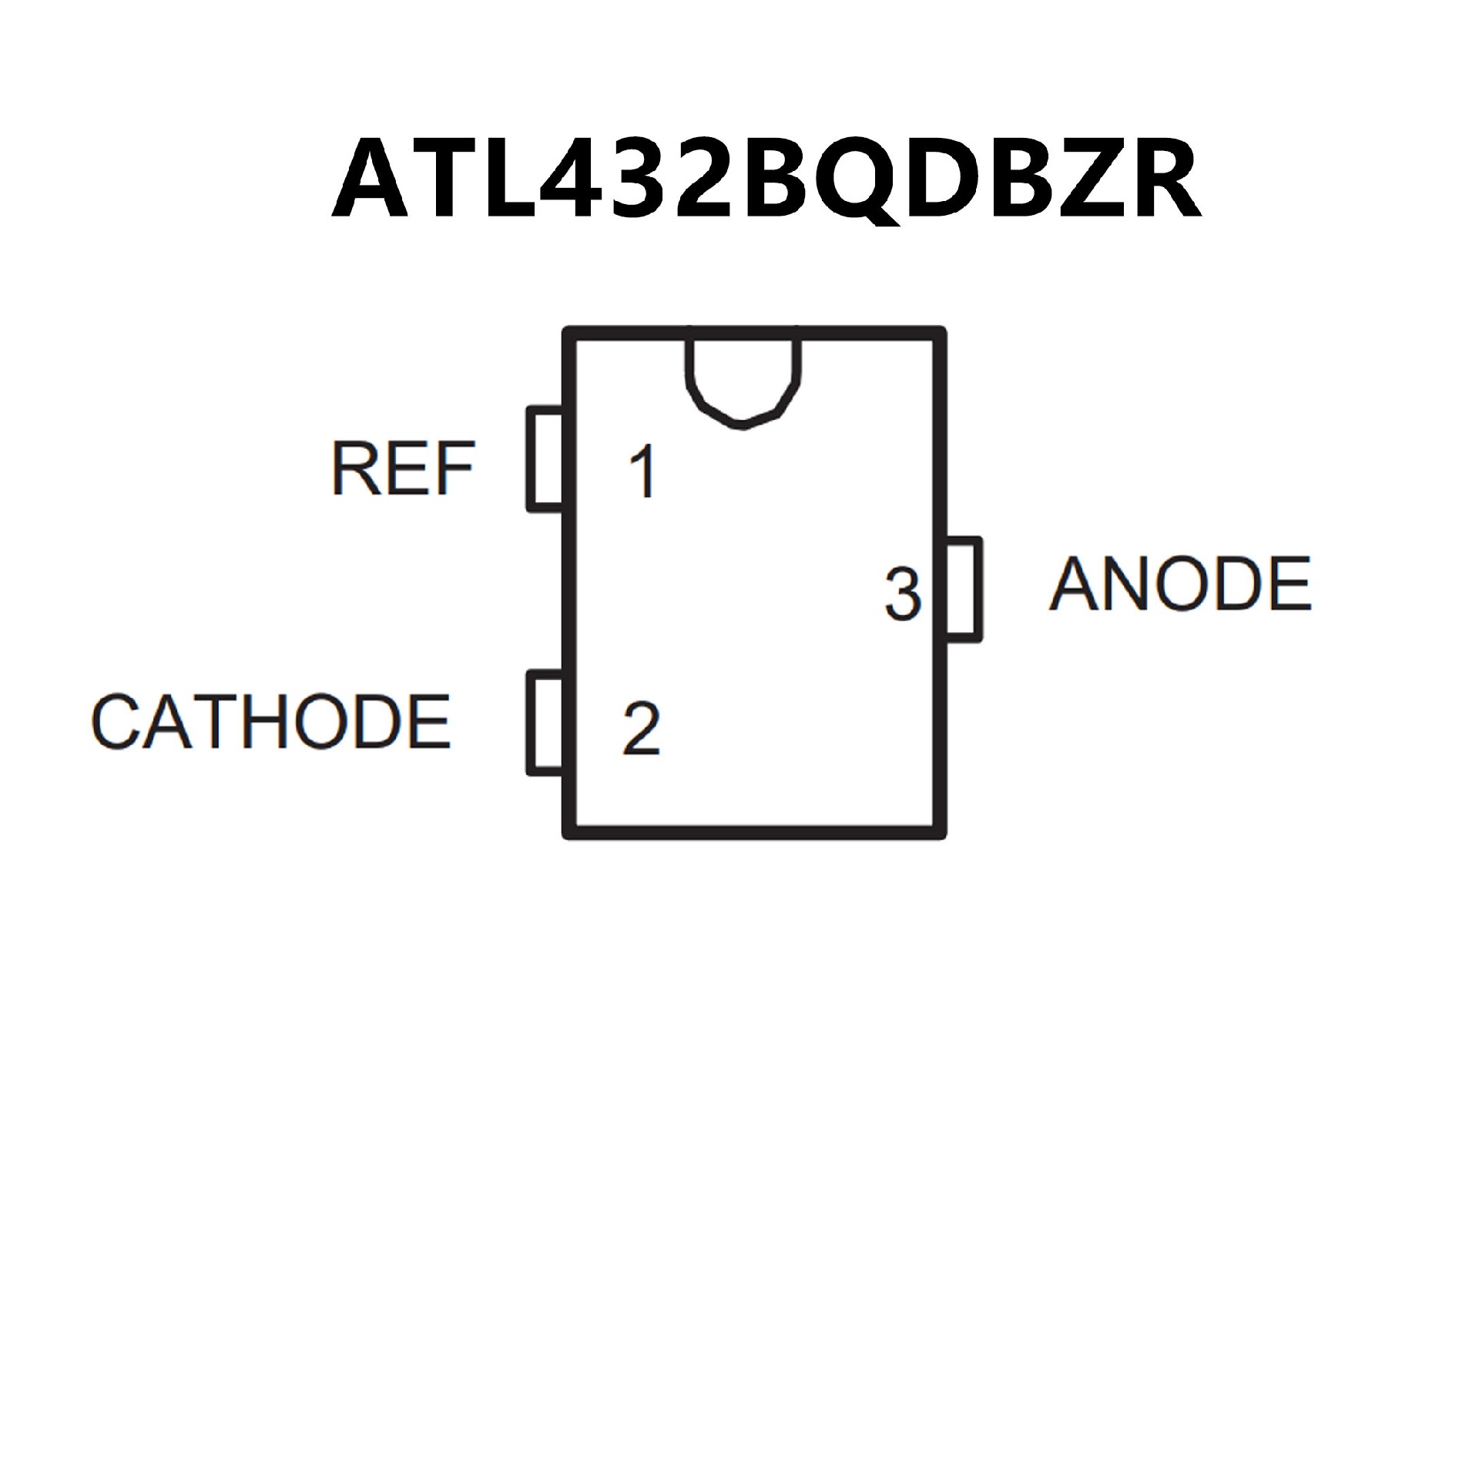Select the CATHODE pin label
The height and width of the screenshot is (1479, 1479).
click(270, 722)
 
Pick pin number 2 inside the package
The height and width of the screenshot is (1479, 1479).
click(641, 729)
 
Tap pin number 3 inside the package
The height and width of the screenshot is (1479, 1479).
click(903, 594)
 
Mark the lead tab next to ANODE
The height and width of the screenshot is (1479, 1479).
click(964, 589)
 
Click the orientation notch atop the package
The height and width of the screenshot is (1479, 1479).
click(743, 381)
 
